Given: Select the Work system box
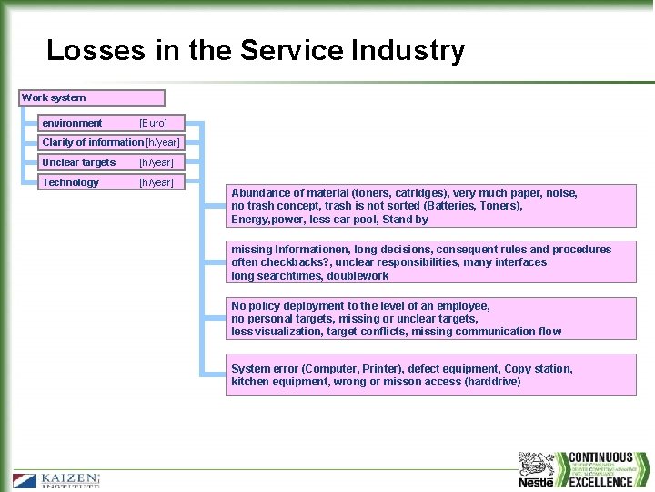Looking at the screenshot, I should (x=93, y=97).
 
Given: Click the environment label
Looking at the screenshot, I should (x=72, y=123).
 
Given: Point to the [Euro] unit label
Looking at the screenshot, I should (x=153, y=123).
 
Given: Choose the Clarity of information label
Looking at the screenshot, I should (x=93, y=142).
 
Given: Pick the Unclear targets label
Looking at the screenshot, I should (x=79, y=162).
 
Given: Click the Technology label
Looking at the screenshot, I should (x=71, y=182).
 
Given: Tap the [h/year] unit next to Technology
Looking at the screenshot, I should (x=156, y=182).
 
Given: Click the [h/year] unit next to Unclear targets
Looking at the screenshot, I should (x=156, y=162).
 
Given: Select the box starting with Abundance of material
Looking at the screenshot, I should (x=432, y=206).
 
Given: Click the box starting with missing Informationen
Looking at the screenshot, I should (x=432, y=262).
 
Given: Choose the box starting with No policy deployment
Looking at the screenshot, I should (x=432, y=319).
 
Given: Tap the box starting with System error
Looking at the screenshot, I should (x=432, y=375).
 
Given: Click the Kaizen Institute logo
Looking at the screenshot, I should (x=56, y=480).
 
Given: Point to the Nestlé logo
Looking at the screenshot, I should (x=537, y=470).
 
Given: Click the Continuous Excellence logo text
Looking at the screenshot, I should (x=600, y=469).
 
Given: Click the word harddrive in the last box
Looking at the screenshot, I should (x=492, y=382).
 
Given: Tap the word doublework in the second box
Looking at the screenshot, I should (x=358, y=275).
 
